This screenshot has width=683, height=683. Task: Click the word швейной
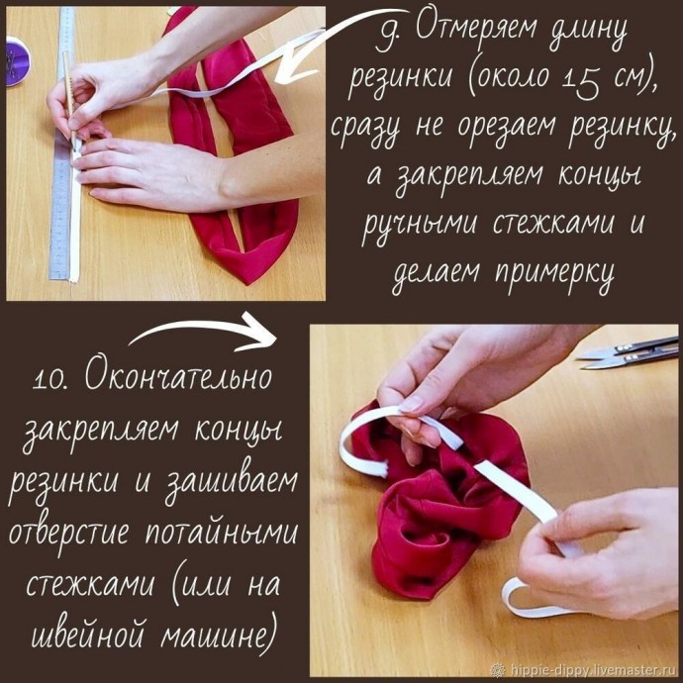tap(85, 631)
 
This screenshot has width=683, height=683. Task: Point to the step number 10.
tap(51, 378)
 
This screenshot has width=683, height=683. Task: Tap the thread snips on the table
tap(630, 352)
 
